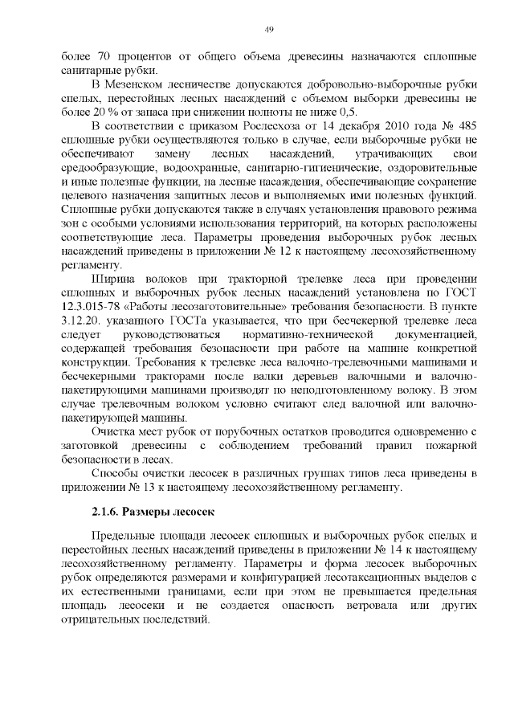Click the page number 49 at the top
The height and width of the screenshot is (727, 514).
(x=269, y=30)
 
